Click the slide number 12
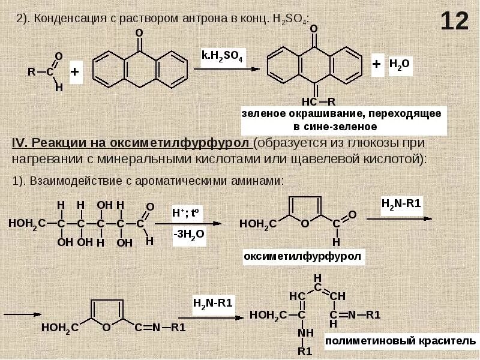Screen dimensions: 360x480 [454, 22]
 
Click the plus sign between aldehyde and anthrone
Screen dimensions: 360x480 [75, 72]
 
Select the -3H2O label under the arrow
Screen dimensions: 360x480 [188, 235]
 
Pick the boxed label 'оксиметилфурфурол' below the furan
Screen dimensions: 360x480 [303, 257]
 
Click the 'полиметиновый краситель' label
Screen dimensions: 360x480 [395, 341]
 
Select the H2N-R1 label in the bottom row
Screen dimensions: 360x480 [212, 302]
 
